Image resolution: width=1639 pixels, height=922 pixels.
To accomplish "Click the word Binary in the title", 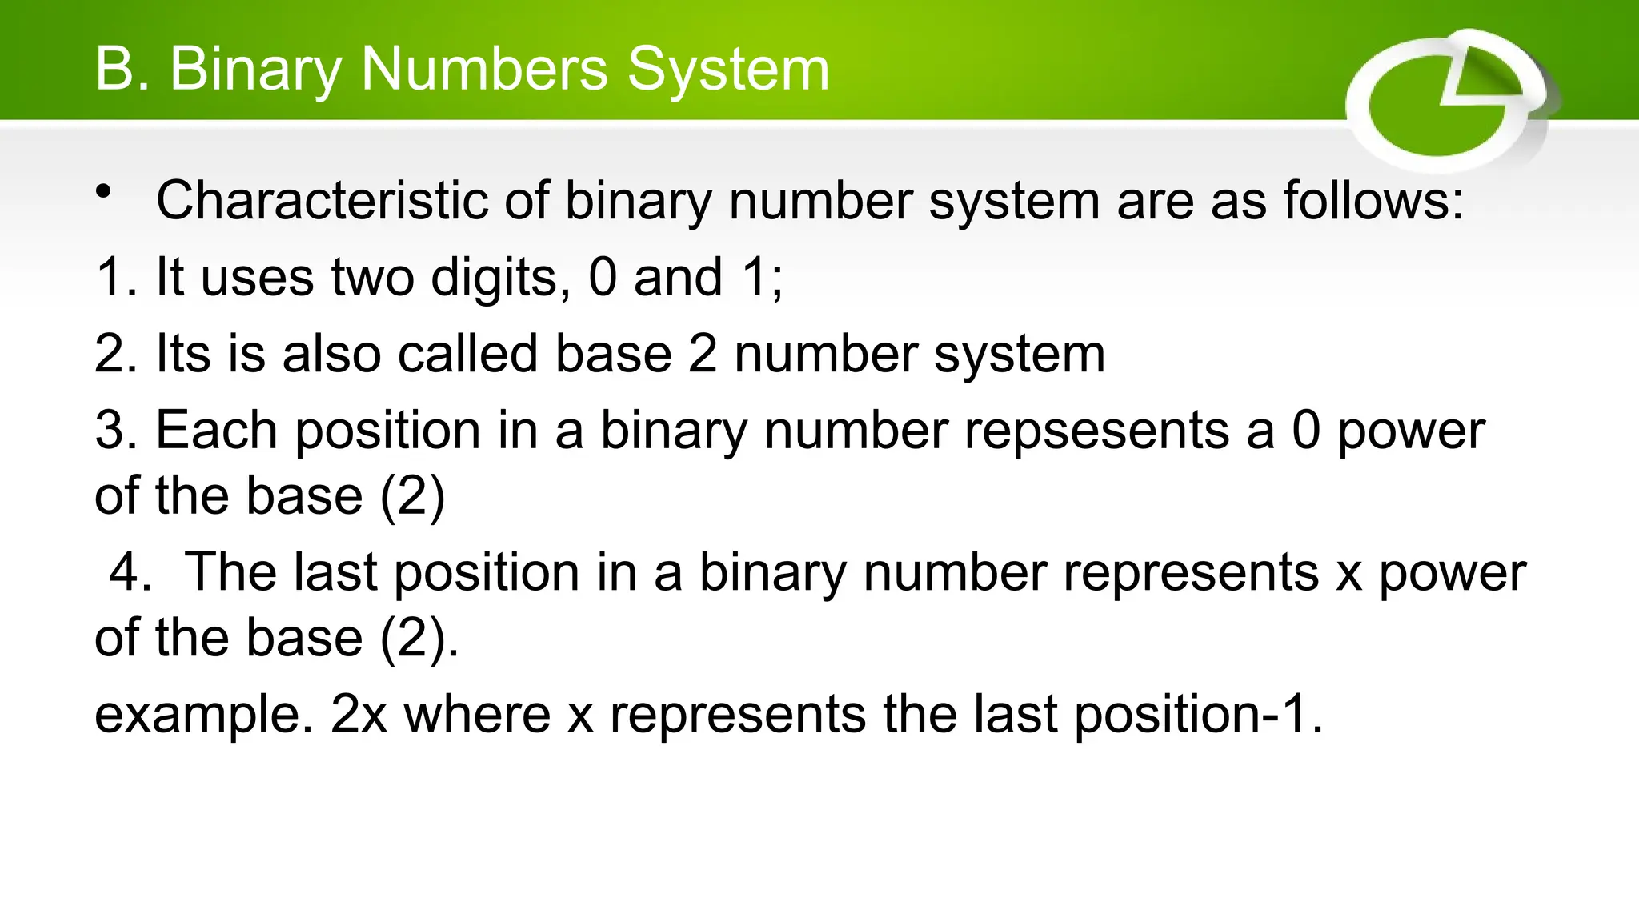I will point(255,70).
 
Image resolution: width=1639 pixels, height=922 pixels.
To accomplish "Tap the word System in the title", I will point(727,70).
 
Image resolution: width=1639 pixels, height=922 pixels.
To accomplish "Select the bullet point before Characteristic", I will point(103,192).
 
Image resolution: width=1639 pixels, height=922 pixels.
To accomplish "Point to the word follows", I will point(1373,200).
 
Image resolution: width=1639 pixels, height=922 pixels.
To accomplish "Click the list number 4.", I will point(128,573).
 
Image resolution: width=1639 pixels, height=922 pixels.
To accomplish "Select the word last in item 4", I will point(335,573).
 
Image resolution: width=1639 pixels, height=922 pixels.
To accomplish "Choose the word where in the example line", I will point(477,715).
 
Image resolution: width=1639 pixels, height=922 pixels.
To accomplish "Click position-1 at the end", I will point(1196,715).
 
